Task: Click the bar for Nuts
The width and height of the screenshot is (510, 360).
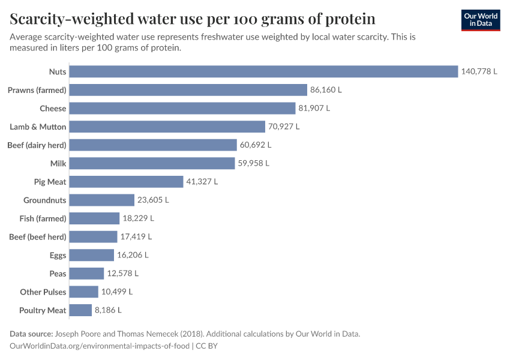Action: [x=263, y=71]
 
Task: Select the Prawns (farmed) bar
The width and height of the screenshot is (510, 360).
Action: [x=188, y=90]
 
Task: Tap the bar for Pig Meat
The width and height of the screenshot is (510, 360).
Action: [x=126, y=182]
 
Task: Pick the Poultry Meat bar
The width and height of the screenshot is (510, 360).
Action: [x=80, y=310]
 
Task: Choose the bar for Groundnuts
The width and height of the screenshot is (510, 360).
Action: [x=101, y=200]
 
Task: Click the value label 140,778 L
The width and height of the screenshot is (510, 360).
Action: [x=479, y=71]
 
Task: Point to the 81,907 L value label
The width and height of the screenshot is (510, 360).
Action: [x=314, y=109]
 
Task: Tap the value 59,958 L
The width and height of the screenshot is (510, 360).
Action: [x=253, y=163]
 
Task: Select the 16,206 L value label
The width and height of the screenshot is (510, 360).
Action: [x=133, y=255]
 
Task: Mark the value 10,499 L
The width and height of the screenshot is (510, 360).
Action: [x=117, y=292]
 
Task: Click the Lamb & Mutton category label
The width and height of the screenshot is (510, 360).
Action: [x=38, y=127]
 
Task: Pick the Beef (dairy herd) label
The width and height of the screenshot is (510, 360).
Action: [x=37, y=145]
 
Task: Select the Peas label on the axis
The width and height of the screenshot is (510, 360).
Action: [x=58, y=274]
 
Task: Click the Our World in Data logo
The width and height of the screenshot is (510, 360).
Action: [x=480, y=20]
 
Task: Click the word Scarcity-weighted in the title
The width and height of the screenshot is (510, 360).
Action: [x=73, y=19]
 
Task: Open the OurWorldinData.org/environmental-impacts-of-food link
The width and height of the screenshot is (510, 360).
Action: [x=100, y=346]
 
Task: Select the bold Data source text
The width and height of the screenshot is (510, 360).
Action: [x=31, y=334]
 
